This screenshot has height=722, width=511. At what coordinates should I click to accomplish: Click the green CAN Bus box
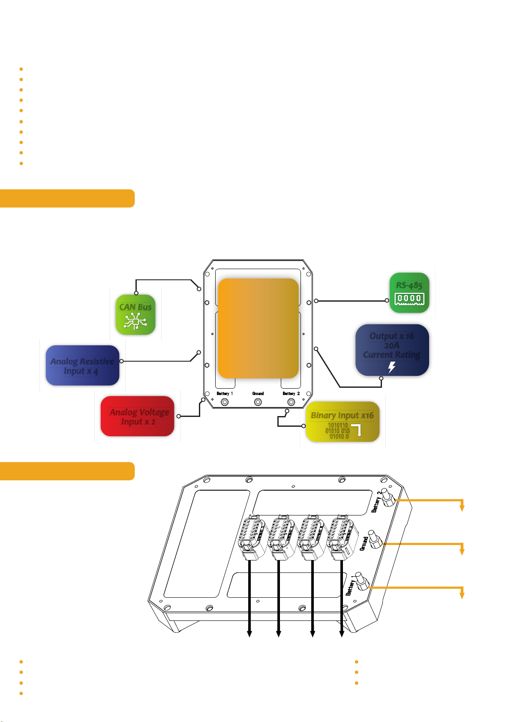136,315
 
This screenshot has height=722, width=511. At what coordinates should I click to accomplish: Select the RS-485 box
409,293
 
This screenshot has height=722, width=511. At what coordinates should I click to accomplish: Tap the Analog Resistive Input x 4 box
83,365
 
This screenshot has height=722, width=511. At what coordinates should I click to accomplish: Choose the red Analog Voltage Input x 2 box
138,416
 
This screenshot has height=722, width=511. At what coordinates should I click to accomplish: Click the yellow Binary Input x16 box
343,422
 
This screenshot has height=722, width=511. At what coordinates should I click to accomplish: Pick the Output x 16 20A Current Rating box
392,350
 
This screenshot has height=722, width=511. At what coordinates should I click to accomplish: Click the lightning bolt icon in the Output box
391,367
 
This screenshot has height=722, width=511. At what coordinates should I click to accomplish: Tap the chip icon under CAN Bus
136,321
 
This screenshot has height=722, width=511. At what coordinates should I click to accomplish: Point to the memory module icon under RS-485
409,299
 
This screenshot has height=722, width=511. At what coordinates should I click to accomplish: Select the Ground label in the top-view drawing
258,393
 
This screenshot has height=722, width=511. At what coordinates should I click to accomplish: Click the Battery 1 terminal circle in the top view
224,402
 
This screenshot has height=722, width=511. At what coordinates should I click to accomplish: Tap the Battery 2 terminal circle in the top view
291,402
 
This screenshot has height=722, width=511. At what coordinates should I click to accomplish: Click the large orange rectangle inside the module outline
258,328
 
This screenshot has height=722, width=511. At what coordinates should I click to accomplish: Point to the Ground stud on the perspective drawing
375,541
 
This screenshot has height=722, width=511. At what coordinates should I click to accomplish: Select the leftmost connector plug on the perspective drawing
250,538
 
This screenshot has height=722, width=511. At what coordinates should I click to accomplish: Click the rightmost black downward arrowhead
342,634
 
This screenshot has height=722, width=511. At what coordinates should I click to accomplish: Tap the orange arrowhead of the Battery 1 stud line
462,595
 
